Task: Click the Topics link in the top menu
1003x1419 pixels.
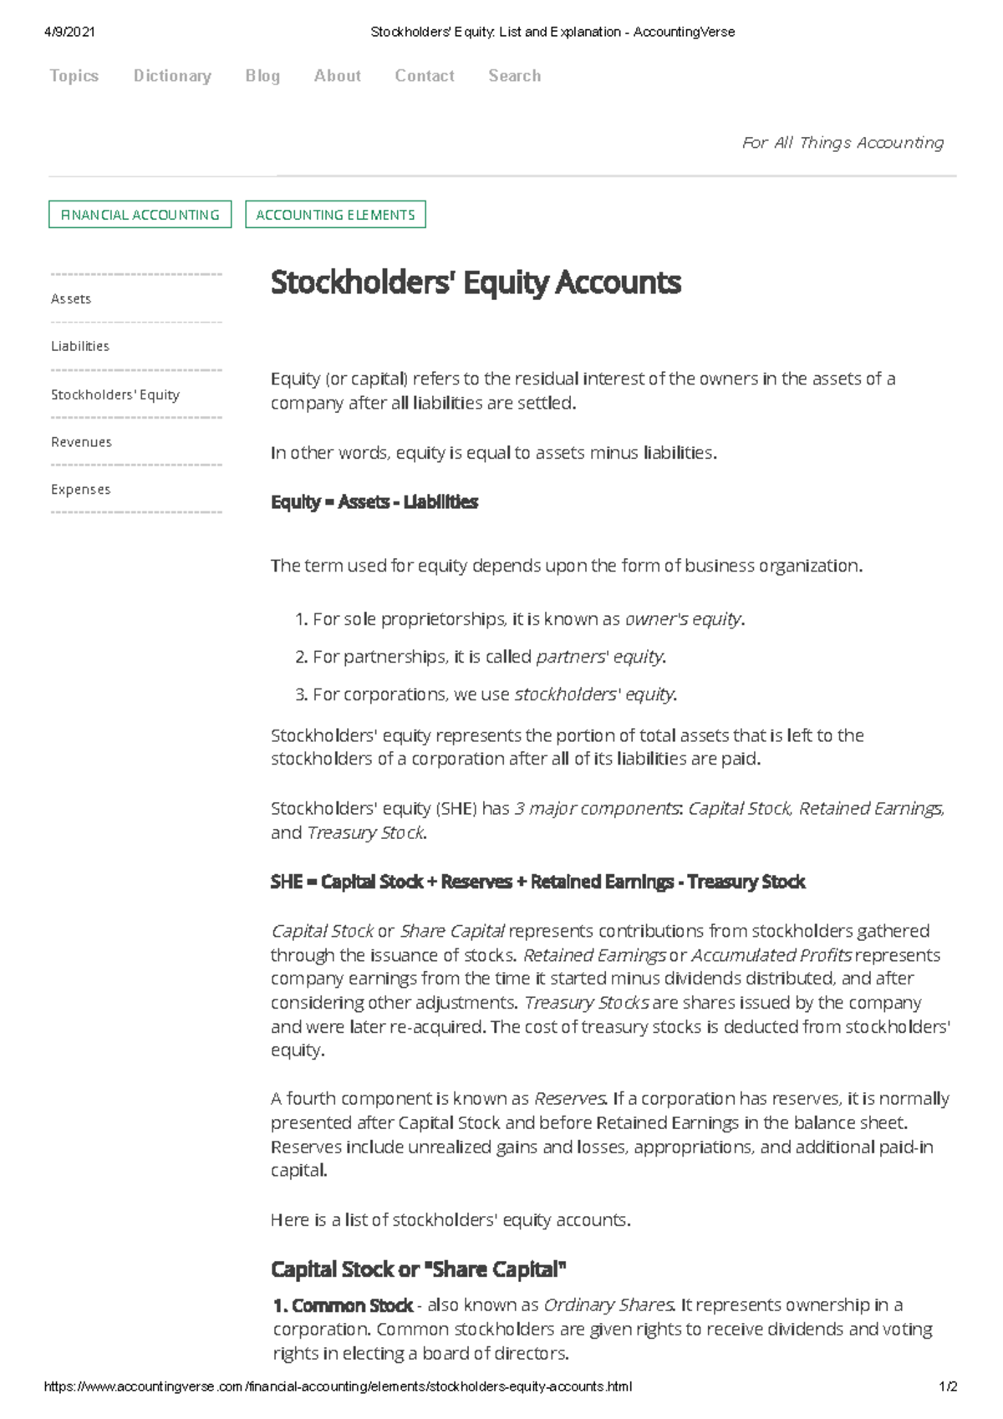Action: click(74, 76)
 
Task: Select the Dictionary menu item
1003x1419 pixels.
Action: click(172, 76)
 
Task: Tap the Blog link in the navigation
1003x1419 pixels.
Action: click(262, 76)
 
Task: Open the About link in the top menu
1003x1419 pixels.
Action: click(337, 76)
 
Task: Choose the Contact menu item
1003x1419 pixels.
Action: click(425, 76)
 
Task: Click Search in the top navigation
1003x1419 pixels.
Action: click(514, 76)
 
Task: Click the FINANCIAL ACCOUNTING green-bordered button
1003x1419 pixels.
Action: click(140, 215)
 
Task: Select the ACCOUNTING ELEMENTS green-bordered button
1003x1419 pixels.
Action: click(335, 215)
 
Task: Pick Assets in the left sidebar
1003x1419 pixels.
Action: click(71, 299)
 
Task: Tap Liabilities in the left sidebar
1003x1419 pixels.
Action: click(80, 346)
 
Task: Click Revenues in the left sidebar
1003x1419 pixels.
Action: click(81, 442)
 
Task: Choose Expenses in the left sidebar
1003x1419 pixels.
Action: click(80, 490)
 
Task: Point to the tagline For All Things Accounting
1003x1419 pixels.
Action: click(843, 143)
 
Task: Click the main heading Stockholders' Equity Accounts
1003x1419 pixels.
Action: click(476, 282)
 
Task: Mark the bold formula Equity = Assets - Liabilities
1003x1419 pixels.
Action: click(374, 502)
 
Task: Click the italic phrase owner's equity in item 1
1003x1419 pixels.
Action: click(683, 619)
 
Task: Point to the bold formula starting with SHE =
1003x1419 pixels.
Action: click(537, 882)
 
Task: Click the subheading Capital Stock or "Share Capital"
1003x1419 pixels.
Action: click(418, 1269)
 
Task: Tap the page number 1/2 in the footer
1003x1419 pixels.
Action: click(948, 1386)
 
